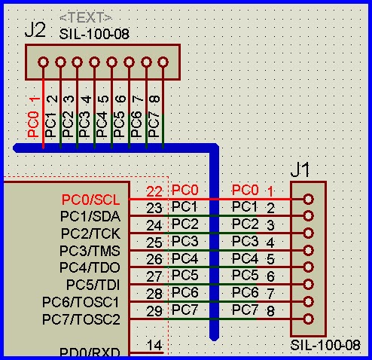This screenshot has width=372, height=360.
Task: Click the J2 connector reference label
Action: click(x=35, y=30)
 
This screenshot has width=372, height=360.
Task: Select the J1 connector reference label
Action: click(x=300, y=169)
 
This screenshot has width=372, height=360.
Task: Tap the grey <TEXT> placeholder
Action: click(x=86, y=17)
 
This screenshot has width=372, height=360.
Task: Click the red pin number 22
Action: click(x=154, y=191)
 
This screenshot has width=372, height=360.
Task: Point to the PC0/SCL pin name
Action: click(x=90, y=200)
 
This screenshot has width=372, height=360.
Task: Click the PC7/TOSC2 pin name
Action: click(x=81, y=319)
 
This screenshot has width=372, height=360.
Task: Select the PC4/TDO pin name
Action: click(x=90, y=267)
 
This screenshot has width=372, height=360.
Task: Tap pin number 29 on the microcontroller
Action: click(x=154, y=311)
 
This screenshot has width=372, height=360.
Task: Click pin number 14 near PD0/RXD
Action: click(x=154, y=345)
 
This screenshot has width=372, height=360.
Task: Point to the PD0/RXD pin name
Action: click(x=90, y=352)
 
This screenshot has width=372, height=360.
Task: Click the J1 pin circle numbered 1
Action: click(x=309, y=199)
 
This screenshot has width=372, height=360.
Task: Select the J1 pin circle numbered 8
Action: click(x=309, y=319)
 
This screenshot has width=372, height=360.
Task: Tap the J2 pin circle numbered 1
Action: click(x=43, y=62)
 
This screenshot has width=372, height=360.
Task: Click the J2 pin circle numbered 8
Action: click(x=163, y=62)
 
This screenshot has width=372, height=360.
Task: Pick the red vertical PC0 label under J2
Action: click(x=33, y=124)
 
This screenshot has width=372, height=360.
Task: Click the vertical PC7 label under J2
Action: click(x=154, y=124)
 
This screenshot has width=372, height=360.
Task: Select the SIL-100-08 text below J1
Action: click(x=325, y=345)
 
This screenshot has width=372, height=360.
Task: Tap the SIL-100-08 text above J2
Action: click(x=94, y=34)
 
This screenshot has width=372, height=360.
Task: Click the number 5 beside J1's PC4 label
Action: click(x=270, y=259)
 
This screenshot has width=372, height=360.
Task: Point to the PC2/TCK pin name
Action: click(x=90, y=233)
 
